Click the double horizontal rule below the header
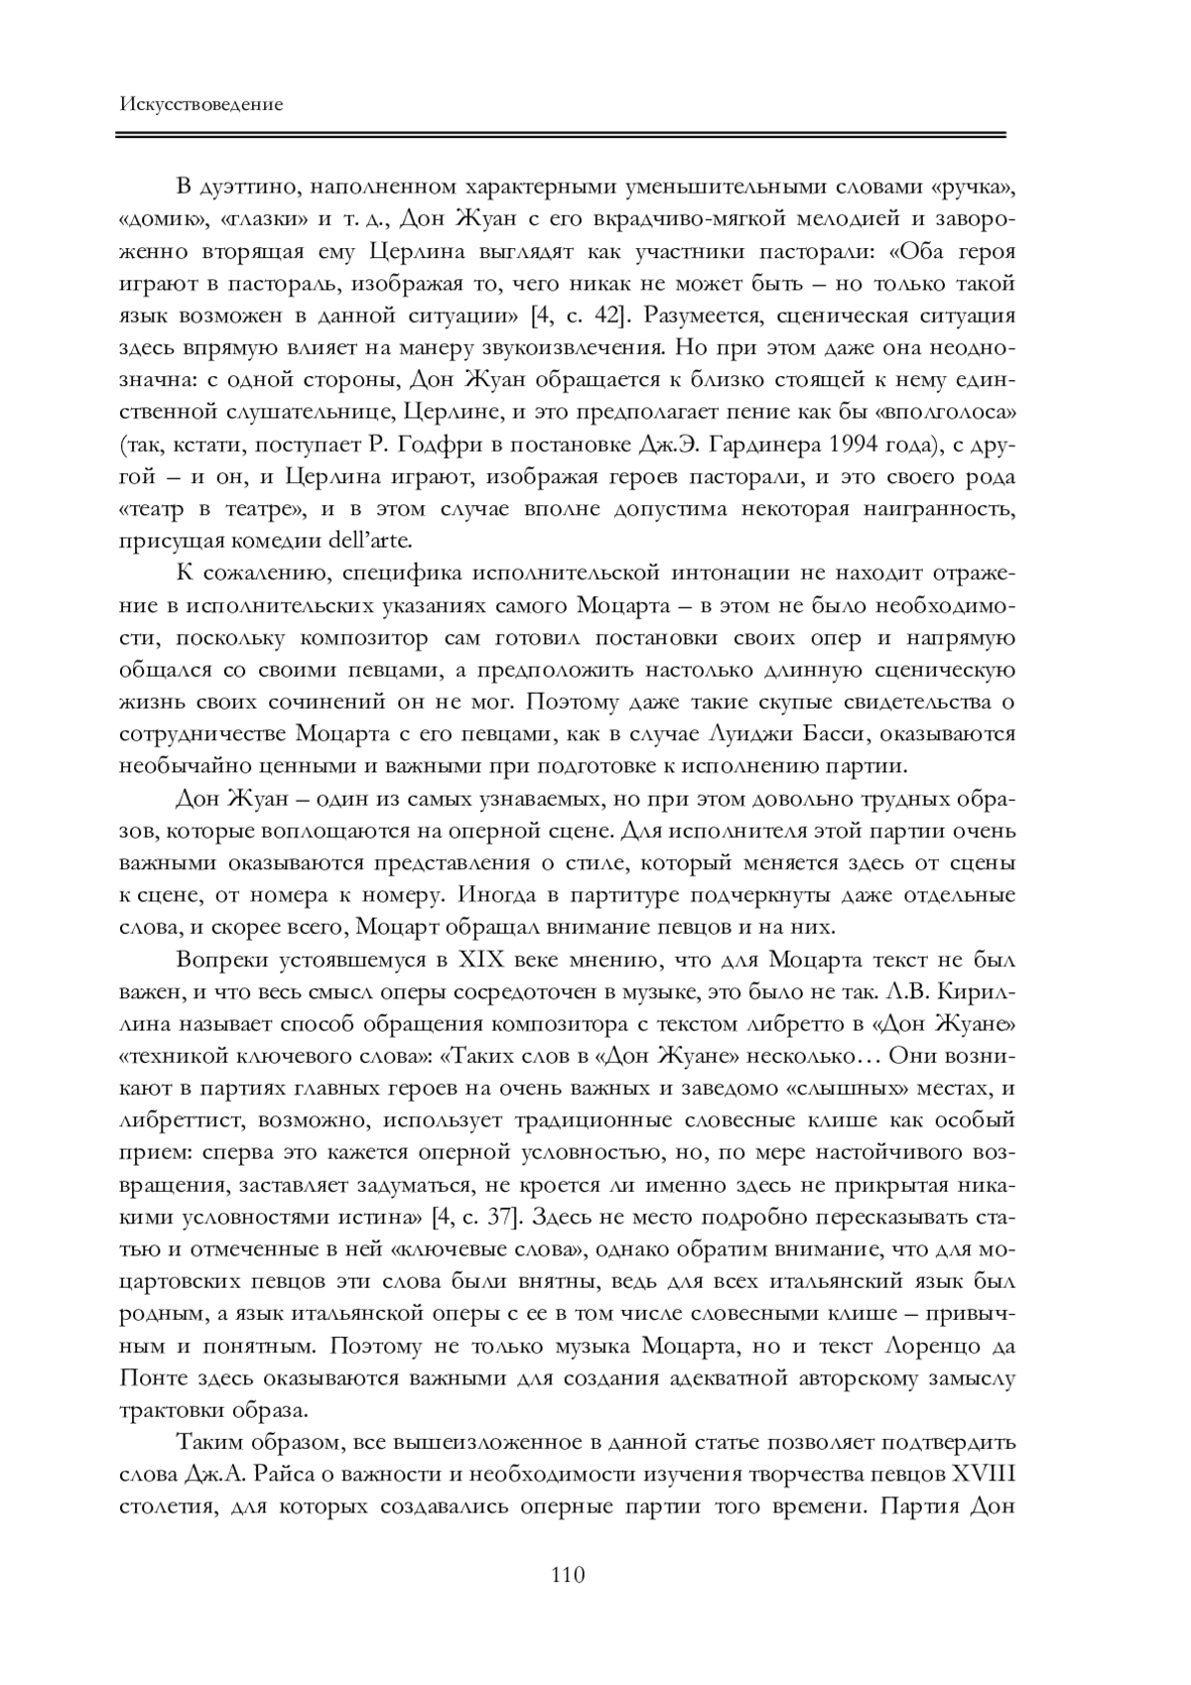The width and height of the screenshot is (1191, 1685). pos(562,134)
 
